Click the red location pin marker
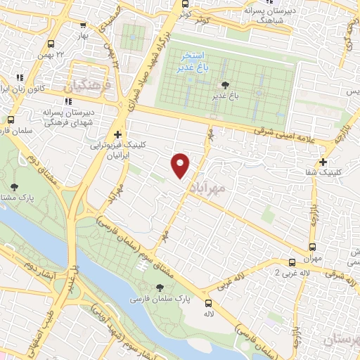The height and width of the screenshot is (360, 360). [x=181, y=165]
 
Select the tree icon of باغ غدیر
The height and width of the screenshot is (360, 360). [x=215, y=85]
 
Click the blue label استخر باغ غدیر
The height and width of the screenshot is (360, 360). [x=193, y=60]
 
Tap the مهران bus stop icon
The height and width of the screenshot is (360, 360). [x=313, y=247]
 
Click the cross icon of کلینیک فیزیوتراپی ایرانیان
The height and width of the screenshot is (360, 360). [x=117, y=134]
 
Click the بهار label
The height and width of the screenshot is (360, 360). [x=85, y=35]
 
